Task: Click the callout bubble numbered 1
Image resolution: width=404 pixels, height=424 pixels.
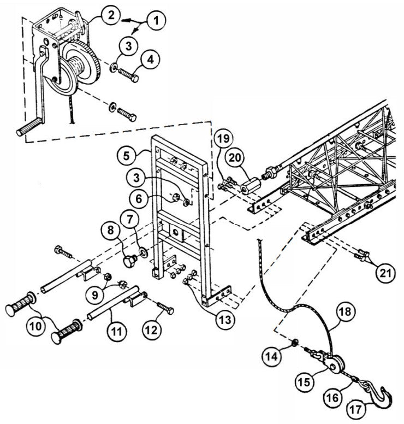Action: pyautogui.click(x=156, y=21)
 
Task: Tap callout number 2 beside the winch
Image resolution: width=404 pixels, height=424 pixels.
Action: pyautogui.click(x=110, y=15)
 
